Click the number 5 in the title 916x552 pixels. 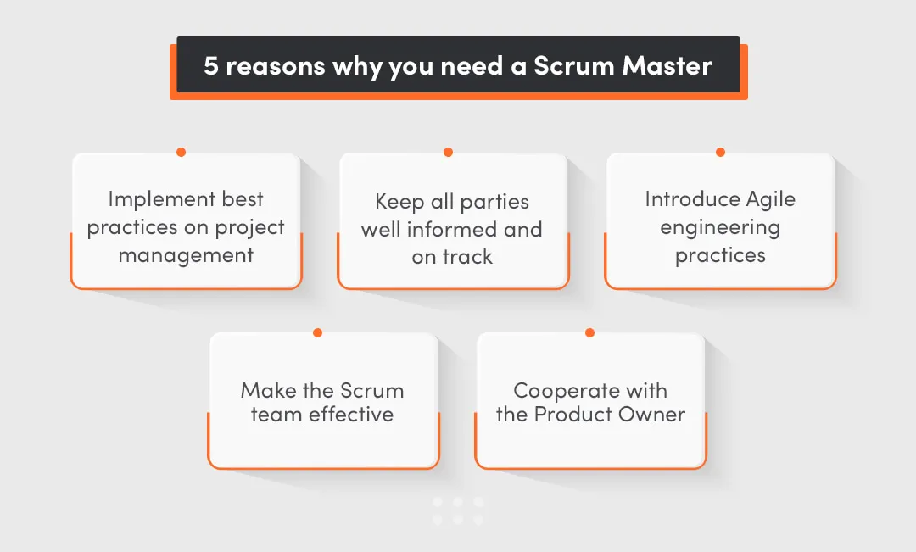(211, 66)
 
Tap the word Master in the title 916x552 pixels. (667, 66)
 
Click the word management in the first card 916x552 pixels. (186, 255)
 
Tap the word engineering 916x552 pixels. (720, 228)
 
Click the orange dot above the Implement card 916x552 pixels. (181, 153)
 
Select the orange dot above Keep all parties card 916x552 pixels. (448, 153)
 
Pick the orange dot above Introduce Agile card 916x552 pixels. (720, 153)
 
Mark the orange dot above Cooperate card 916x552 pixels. (589, 332)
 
